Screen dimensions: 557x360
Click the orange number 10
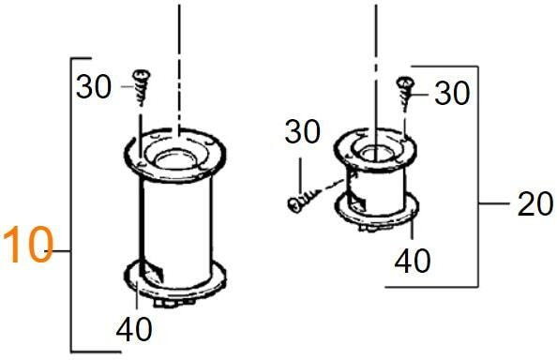coord(28,245)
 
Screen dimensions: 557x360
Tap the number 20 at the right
coord(535,203)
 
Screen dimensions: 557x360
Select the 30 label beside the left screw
coord(94,86)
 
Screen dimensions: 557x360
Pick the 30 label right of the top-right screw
coord(452,93)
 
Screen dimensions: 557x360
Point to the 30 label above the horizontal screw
coord(302,131)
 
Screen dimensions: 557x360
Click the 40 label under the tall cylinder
coord(134,329)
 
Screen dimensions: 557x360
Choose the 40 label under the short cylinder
coord(413,261)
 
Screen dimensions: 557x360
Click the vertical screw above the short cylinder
coord(405,92)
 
